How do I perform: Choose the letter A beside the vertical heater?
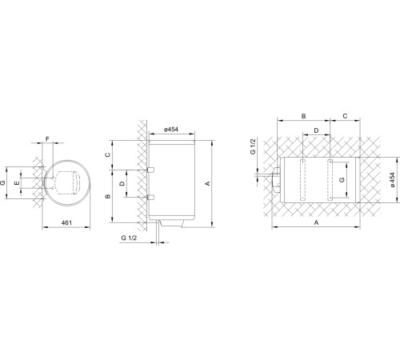208,183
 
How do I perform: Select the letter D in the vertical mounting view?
122,183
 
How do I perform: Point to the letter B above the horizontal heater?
304,116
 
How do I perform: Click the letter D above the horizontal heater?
317,130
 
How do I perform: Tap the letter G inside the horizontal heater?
343,181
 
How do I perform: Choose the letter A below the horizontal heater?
317,225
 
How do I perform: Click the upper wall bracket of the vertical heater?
149,170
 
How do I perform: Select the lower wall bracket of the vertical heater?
149,196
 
